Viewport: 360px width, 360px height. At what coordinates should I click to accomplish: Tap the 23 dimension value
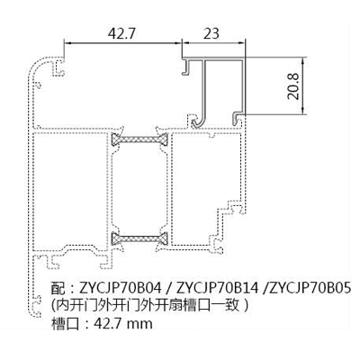(x=211, y=33)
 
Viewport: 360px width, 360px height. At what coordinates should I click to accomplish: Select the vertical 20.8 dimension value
(x=293, y=86)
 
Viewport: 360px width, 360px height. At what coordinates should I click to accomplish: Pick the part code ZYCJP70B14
(x=218, y=289)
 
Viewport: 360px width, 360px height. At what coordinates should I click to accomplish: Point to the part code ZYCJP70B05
(x=310, y=289)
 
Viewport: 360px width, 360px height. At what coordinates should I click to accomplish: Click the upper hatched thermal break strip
(x=139, y=139)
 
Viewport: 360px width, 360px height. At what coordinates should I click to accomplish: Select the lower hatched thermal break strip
(x=139, y=238)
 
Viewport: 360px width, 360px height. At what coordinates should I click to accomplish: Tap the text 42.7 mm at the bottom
(x=123, y=324)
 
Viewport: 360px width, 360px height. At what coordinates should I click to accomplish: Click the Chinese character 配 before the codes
(x=58, y=289)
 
